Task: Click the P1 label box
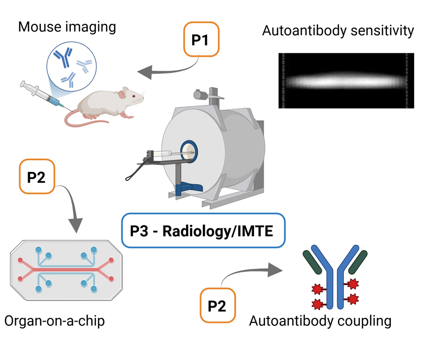tap(200, 39)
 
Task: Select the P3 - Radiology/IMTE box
tap(203, 231)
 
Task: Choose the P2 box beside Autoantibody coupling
tap(217, 306)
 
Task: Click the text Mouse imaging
tap(67, 27)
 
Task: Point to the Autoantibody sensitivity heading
tap(338, 31)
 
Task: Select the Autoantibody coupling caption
tap(320, 321)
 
